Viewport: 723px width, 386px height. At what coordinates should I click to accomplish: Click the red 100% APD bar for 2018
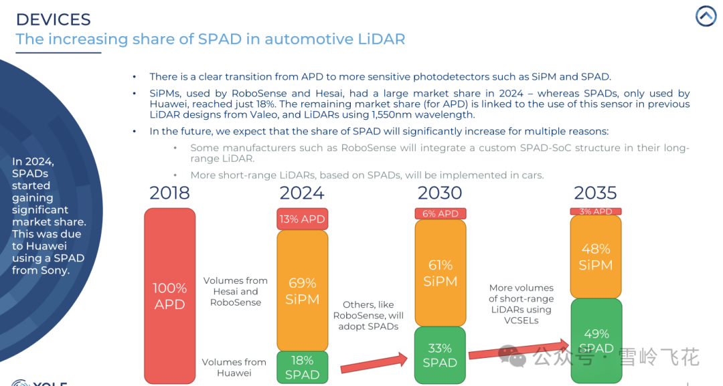point(169,296)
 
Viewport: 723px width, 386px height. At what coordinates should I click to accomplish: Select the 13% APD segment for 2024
point(303,219)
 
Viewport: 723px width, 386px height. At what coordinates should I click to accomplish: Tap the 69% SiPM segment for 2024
point(303,290)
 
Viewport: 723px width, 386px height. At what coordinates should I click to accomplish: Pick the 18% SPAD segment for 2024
point(303,367)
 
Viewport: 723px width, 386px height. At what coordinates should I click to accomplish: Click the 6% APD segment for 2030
point(440,213)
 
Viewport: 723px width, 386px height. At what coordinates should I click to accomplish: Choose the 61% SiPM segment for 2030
point(440,273)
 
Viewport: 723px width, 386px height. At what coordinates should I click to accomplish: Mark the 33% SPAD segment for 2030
point(440,355)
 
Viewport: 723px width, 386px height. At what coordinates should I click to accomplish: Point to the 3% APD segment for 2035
point(596,211)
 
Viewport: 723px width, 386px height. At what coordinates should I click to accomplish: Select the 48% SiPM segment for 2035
point(596,256)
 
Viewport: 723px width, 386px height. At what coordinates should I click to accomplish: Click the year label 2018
point(169,193)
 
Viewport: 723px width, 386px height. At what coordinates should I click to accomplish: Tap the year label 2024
point(302,193)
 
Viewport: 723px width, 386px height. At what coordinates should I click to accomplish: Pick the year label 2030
point(440,193)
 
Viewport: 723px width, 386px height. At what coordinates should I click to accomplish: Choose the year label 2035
point(595,193)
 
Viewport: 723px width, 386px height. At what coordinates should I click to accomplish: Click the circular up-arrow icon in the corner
point(706,16)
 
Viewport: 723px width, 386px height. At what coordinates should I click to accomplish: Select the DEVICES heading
point(53,19)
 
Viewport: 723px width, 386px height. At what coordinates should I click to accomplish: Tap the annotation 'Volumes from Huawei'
point(234,367)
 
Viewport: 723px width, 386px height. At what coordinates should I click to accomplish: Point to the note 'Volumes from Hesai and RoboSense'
point(236,291)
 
